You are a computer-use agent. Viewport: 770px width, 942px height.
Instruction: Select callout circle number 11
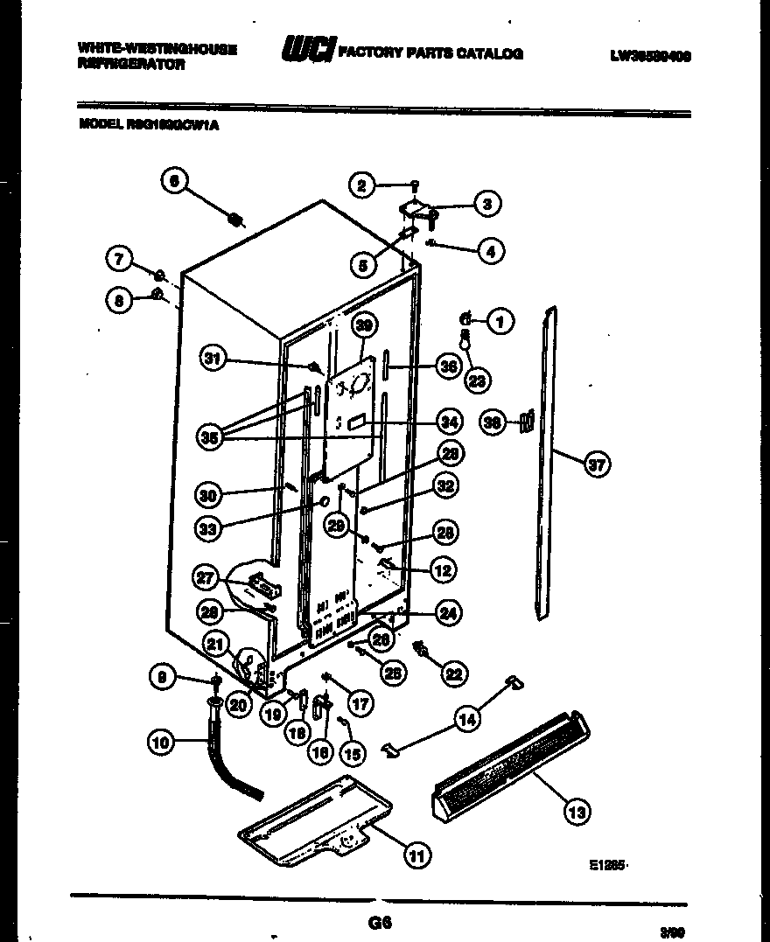click(417, 857)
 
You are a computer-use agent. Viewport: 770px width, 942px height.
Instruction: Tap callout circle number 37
click(597, 465)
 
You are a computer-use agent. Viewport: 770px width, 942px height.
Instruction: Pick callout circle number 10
click(160, 744)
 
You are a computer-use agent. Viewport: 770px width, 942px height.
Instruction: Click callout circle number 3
click(487, 204)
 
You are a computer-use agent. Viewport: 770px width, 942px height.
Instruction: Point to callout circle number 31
click(212, 357)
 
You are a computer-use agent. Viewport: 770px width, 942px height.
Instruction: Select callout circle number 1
click(501, 322)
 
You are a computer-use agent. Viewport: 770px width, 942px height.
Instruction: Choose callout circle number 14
click(467, 720)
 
